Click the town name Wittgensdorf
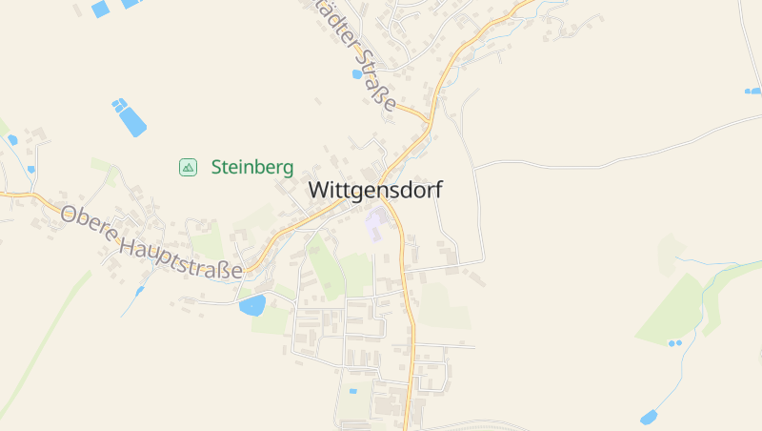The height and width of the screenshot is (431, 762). coord(375,190)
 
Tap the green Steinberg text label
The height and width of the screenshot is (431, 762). coord(251,167)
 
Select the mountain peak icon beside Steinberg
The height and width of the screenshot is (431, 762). coord(188,167)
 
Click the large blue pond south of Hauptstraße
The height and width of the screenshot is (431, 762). coord(252,305)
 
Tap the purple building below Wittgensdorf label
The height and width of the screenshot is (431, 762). coord(375,225)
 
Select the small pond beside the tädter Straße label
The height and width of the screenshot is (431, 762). coord(357,73)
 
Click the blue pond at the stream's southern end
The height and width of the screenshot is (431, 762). coord(649,417)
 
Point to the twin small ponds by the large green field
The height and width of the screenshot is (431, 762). coord(674,342)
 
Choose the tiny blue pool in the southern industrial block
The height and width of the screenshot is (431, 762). coord(353,391)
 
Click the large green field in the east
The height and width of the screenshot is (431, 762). coord(676,310)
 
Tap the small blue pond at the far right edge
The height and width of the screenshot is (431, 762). coord(752,92)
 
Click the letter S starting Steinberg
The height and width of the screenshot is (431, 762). coord(216,167)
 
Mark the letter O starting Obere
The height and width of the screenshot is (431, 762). coord(68,215)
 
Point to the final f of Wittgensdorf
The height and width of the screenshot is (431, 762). coord(439,189)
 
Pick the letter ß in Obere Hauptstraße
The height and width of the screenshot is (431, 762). coord(220,270)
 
